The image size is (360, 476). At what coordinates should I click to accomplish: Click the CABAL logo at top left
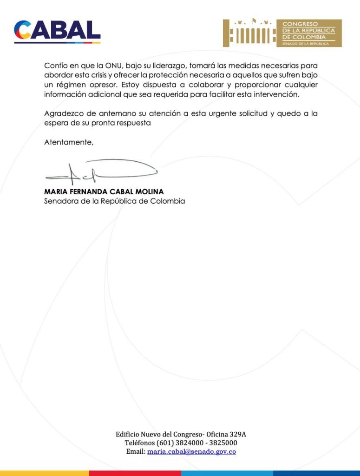coord(57,31)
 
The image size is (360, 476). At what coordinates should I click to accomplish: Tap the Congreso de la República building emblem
coord(249,33)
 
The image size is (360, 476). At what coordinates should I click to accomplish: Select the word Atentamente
coord(68,143)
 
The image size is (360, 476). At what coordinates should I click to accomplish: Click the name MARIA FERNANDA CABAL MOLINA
coord(104,192)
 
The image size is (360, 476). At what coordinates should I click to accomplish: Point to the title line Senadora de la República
coord(114,201)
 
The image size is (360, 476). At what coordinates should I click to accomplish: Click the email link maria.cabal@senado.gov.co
coord(191,451)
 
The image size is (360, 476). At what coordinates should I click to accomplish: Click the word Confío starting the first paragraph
coord(56,66)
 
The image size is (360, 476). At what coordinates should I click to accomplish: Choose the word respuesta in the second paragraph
coord(134,124)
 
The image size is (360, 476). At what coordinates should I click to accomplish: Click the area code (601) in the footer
coord(167,443)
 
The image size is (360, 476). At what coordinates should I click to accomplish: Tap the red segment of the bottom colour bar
coord(135,473)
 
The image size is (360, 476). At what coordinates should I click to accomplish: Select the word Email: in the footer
coord(136,451)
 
